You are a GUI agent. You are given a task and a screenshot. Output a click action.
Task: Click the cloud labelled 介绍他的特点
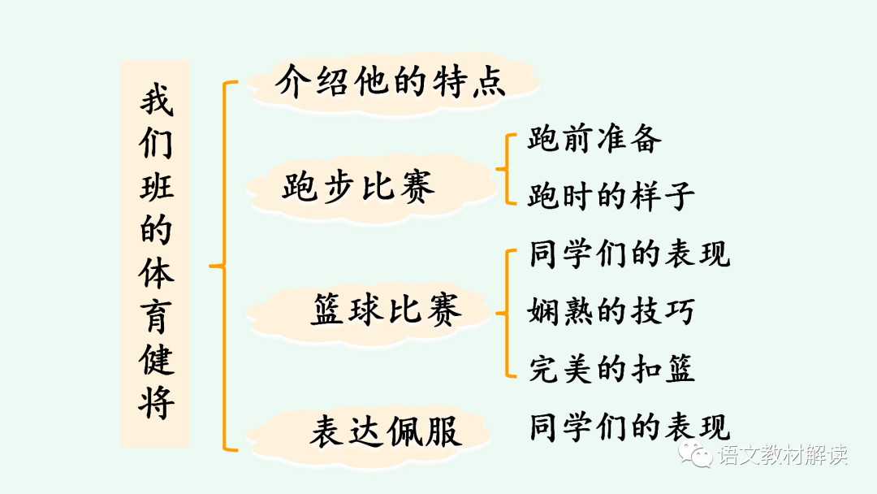pyautogui.click(x=391, y=82)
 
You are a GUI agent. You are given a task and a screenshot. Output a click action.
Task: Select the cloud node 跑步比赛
pyautogui.click(x=358, y=186)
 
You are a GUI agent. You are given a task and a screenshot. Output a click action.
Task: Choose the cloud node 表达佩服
pyautogui.click(x=385, y=431)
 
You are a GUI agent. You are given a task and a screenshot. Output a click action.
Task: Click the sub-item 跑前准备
pyautogui.click(x=594, y=139)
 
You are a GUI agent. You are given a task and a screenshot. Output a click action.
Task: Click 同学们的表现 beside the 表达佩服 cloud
pyautogui.click(x=629, y=427)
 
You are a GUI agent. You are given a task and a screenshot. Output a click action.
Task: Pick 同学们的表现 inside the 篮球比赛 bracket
pyautogui.click(x=629, y=253)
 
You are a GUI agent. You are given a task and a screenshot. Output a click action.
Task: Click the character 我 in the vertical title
pyautogui.click(x=155, y=102)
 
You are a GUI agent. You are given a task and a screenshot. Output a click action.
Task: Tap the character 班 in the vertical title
pyautogui.click(x=155, y=188)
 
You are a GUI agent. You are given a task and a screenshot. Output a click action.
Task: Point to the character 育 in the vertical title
pyautogui.click(x=155, y=315)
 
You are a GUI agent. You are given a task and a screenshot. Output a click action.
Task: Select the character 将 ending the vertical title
pyautogui.click(x=155, y=401)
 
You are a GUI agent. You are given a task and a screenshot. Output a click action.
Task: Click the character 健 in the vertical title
pyautogui.click(x=155, y=358)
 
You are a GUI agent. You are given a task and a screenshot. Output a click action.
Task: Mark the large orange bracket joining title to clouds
pyautogui.click(x=223, y=265)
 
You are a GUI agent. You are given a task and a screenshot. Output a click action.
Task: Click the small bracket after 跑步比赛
pyautogui.click(x=505, y=169)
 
